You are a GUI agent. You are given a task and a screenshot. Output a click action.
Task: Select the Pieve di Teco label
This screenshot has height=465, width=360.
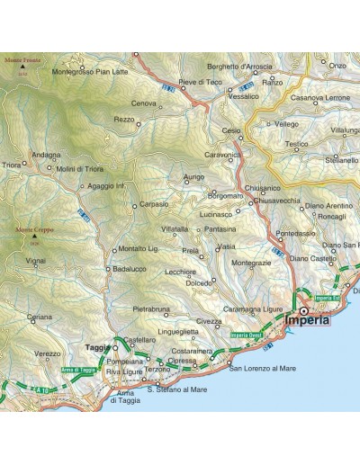[200, 82]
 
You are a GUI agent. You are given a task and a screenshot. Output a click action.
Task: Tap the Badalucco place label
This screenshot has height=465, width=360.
[130, 267]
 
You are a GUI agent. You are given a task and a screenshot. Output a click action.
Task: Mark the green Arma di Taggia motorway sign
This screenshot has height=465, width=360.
[77, 369]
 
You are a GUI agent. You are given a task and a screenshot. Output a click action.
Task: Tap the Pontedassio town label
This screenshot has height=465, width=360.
[296, 233]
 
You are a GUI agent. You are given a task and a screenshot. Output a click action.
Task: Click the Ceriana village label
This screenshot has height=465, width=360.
[39, 317]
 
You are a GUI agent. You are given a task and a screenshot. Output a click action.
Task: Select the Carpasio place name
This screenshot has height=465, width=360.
[154, 204]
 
